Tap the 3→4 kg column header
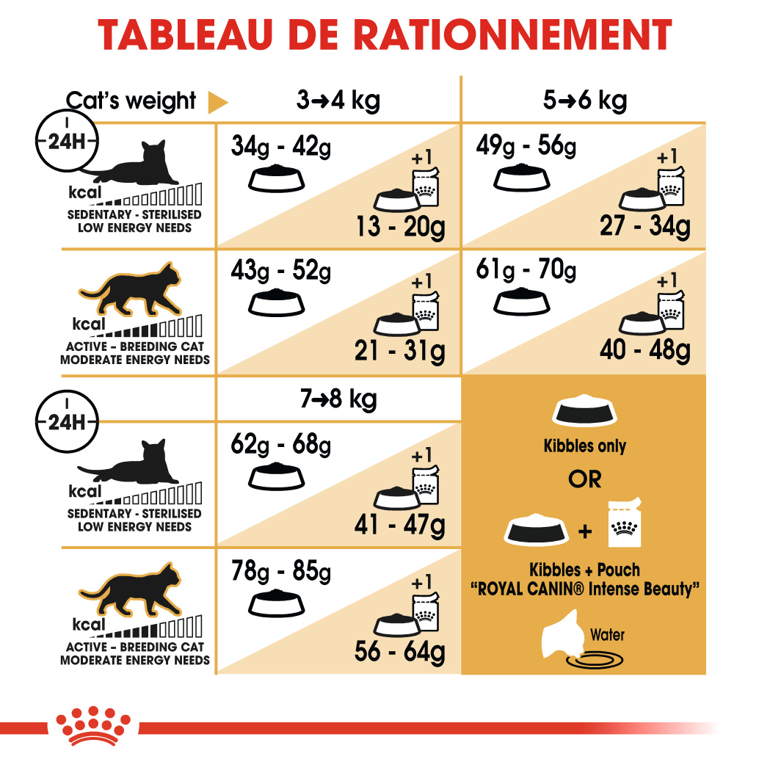[338, 100]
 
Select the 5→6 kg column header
[585, 100]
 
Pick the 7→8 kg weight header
[338, 400]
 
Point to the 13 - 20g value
[400, 227]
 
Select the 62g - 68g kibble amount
[280, 445]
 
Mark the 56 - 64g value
[400, 650]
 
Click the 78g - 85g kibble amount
[280, 570]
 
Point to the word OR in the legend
[584, 479]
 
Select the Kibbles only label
[584, 446]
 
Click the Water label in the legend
[608, 635]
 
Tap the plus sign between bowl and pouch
[585, 531]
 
